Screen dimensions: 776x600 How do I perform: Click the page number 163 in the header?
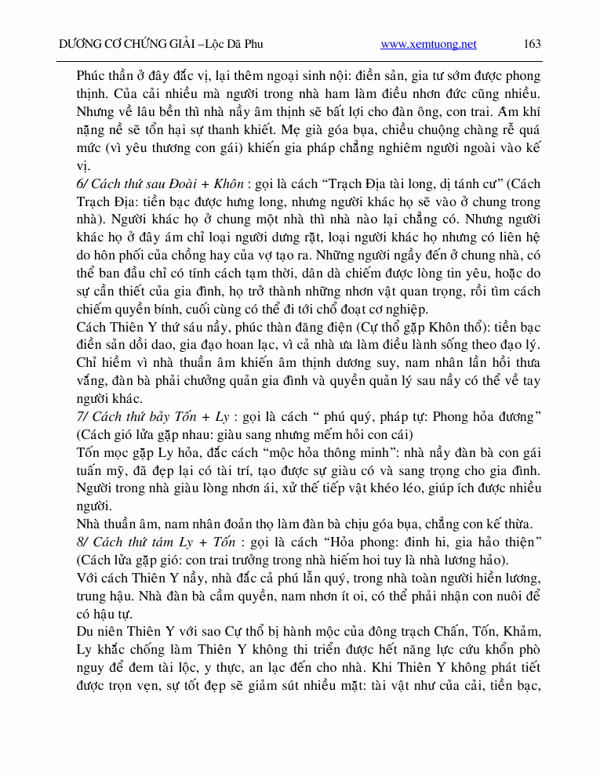tap(532, 44)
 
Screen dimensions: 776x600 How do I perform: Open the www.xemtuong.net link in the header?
tap(428, 45)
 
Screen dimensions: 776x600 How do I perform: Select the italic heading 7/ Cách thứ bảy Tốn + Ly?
tap(152, 416)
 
